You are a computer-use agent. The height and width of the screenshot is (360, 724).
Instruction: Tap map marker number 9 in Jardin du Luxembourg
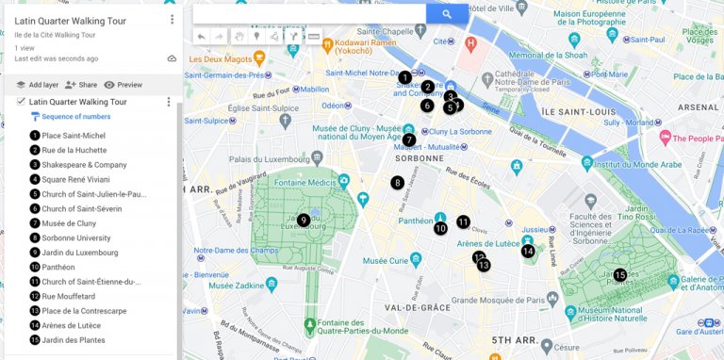click(x=304, y=220)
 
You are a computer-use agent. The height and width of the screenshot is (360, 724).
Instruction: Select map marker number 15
click(x=619, y=275)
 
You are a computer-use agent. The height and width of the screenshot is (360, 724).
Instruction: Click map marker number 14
click(x=528, y=251)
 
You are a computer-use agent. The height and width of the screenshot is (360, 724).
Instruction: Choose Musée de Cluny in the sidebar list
click(x=69, y=223)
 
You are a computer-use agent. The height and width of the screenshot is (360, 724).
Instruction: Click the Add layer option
click(x=37, y=85)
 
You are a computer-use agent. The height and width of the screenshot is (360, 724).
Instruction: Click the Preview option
click(x=123, y=85)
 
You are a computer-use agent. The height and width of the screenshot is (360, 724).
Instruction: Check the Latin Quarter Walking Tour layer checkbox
click(x=21, y=102)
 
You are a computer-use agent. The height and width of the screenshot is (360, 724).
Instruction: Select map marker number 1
click(x=404, y=77)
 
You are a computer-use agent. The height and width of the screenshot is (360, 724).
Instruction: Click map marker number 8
click(x=398, y=182)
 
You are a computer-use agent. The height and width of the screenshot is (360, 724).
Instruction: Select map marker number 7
click(x=409, y=139)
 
